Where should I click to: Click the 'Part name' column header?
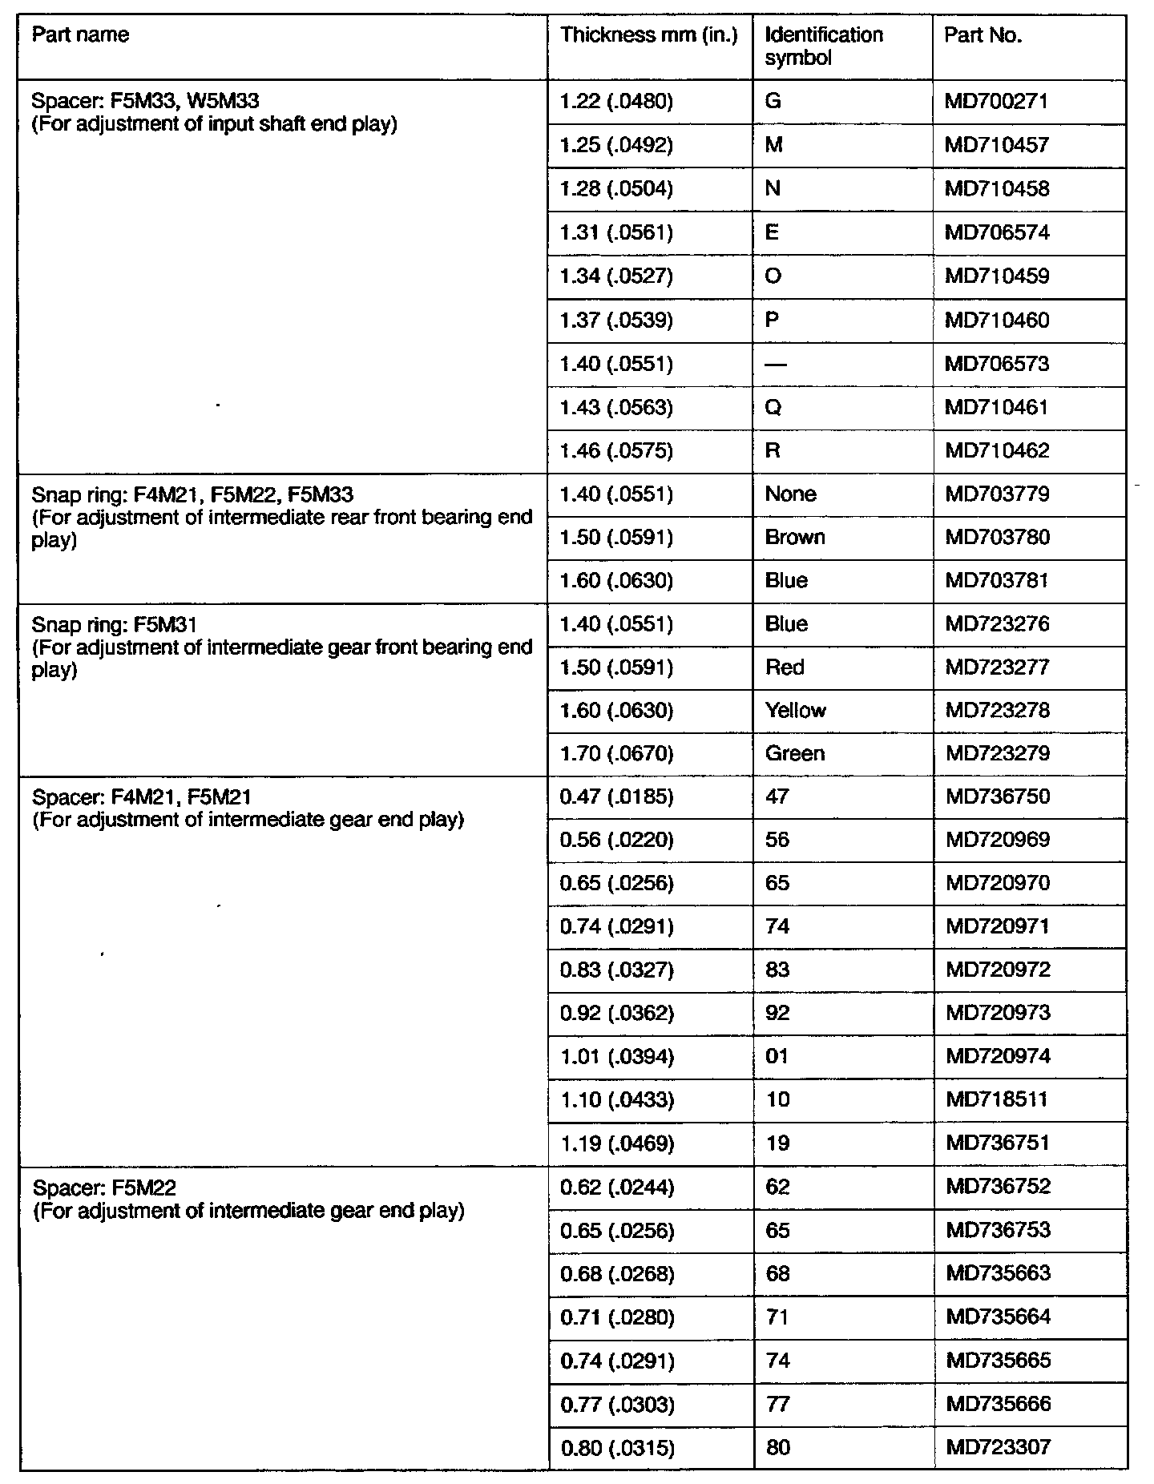(x=80, y=35)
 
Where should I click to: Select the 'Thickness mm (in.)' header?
(x=648, y=35)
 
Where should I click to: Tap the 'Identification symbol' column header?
(x=824, y=46)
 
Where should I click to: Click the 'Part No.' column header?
(x=983, y=35)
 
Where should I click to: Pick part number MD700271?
(x=996, y=102)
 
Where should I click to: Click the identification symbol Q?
(x=773, y=408)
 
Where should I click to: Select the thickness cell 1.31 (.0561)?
(x=616, y=233)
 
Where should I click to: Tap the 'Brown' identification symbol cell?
(x=795, y=538)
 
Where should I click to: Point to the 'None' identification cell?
(x=790, y=494)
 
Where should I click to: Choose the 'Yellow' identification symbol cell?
(x=795, y=711)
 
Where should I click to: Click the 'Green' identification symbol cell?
(x=795, y=754)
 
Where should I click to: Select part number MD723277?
(x=997, y=667)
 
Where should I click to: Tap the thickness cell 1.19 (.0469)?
(x=616, y=1143)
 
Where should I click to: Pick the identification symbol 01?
(x=777, y=1057)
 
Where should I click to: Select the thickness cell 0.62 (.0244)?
(x=616, y=1187)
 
